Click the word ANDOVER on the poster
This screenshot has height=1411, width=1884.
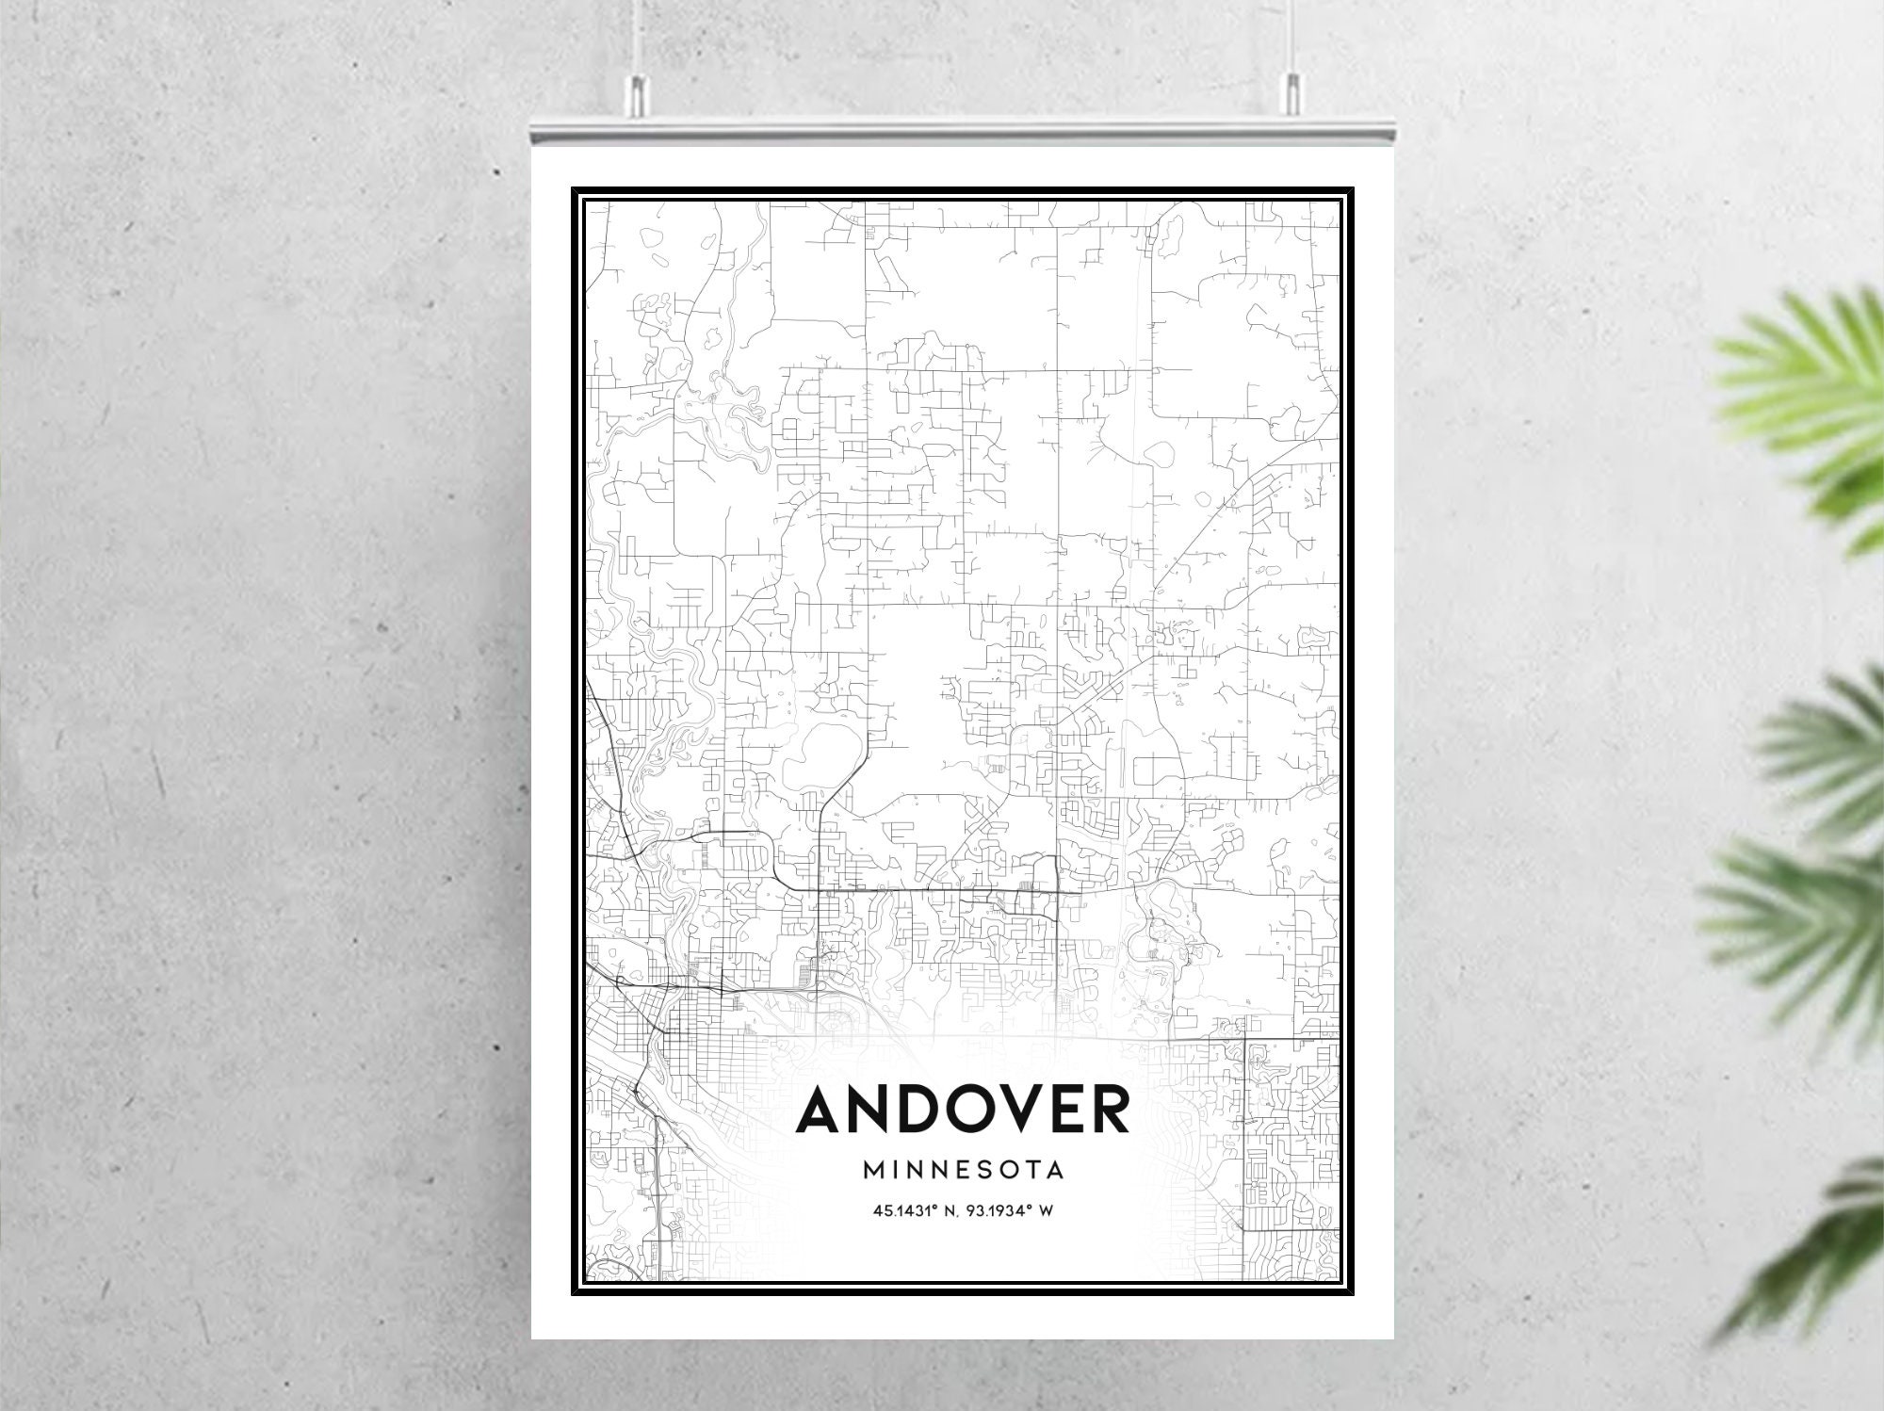pos(963,1111)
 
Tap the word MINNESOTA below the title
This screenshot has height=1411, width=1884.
pos(963,1171)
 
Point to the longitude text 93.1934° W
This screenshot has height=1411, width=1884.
pos(1014,1210)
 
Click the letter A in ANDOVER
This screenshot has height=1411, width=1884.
pos(821,1111)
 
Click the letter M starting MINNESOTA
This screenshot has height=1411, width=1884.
pos(872,1171)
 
